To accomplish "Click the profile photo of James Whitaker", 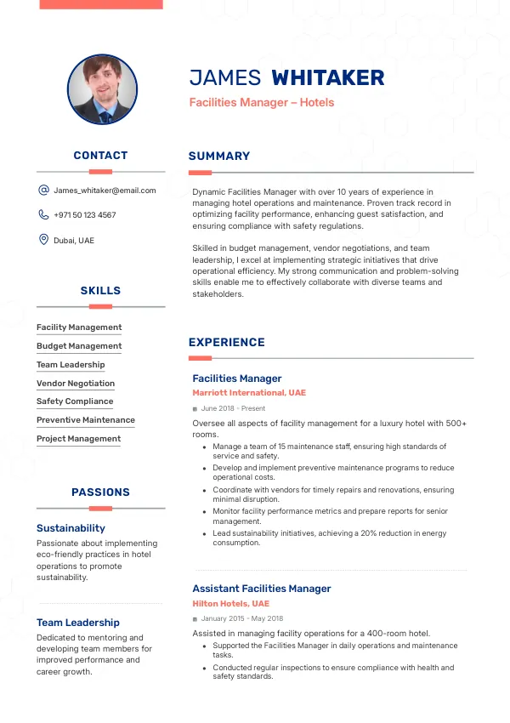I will [x=102, y=90].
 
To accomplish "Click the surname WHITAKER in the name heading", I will [x=327, y=78].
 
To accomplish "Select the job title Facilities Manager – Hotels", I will [x=262, y=103].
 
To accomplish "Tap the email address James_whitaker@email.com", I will [x=105, y=191].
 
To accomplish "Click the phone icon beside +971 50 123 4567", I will [x=43, y=215].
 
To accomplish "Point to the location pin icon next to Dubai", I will [x=43, y=240].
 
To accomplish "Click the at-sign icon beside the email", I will [x=43, y=191].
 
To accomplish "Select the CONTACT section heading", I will [x=100, y=156].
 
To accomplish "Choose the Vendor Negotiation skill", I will [x=76, y=384].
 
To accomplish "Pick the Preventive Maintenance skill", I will [x=86, y=420].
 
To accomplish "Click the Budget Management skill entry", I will [x=79, y=346].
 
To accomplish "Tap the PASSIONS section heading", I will [x=100, y=492].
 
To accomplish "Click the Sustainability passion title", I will [x=71, y=528].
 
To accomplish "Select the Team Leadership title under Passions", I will [x=78, y=623].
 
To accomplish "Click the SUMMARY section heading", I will [x=219, y=157].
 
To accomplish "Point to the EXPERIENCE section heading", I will [x=227, y=343].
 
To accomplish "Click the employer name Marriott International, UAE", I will [x=249, y=393].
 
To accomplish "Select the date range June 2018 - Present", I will [x=234, y=409].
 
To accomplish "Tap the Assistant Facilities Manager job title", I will [x=262, y=589].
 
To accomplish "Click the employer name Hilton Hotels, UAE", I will [x=230, y=603].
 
